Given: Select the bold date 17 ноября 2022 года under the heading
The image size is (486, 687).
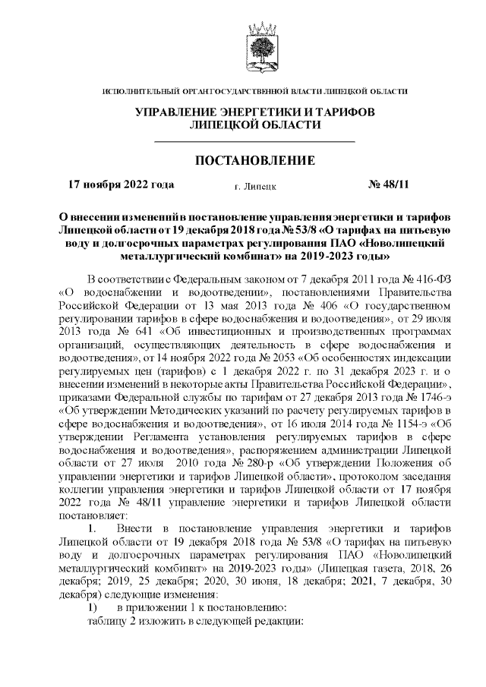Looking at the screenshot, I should click(121, 184).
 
